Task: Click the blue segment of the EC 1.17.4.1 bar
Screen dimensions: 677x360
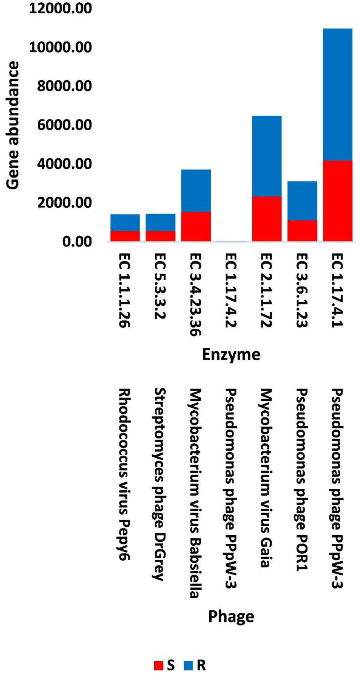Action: click(338, 94)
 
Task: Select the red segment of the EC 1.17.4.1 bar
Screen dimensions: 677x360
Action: click(338, 201)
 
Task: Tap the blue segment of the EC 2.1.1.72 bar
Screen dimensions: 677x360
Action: click(267, 156)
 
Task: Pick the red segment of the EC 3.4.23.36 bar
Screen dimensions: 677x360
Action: click(196, 226)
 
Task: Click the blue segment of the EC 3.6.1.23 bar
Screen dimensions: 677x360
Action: click(302, 201)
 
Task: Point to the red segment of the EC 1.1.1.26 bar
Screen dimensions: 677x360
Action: click(125, 236)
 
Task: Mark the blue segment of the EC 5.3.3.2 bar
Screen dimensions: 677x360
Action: click(160, 222)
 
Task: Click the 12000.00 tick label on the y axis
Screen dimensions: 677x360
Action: click(61, 8)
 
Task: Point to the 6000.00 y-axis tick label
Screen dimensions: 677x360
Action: click(64, 125)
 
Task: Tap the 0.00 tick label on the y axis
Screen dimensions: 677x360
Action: click(77, 242)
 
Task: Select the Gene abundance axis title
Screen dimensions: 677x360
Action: click(13, 125)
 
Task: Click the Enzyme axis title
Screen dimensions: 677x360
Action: click(231, 354)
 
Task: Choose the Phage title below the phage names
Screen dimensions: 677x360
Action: click(231, 616)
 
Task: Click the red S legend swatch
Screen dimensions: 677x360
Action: click(158, 665)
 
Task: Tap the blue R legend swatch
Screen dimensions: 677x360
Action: click(188, 665)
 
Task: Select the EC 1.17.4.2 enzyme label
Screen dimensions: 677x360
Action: click(231, 290)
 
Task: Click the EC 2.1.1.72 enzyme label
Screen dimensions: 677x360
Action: click(266, 290)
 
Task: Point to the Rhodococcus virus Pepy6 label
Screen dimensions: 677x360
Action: click(124, 474)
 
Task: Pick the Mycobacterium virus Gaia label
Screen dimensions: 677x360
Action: click(266, 478)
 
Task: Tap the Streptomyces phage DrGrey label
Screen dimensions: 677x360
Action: click(160, 484)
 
